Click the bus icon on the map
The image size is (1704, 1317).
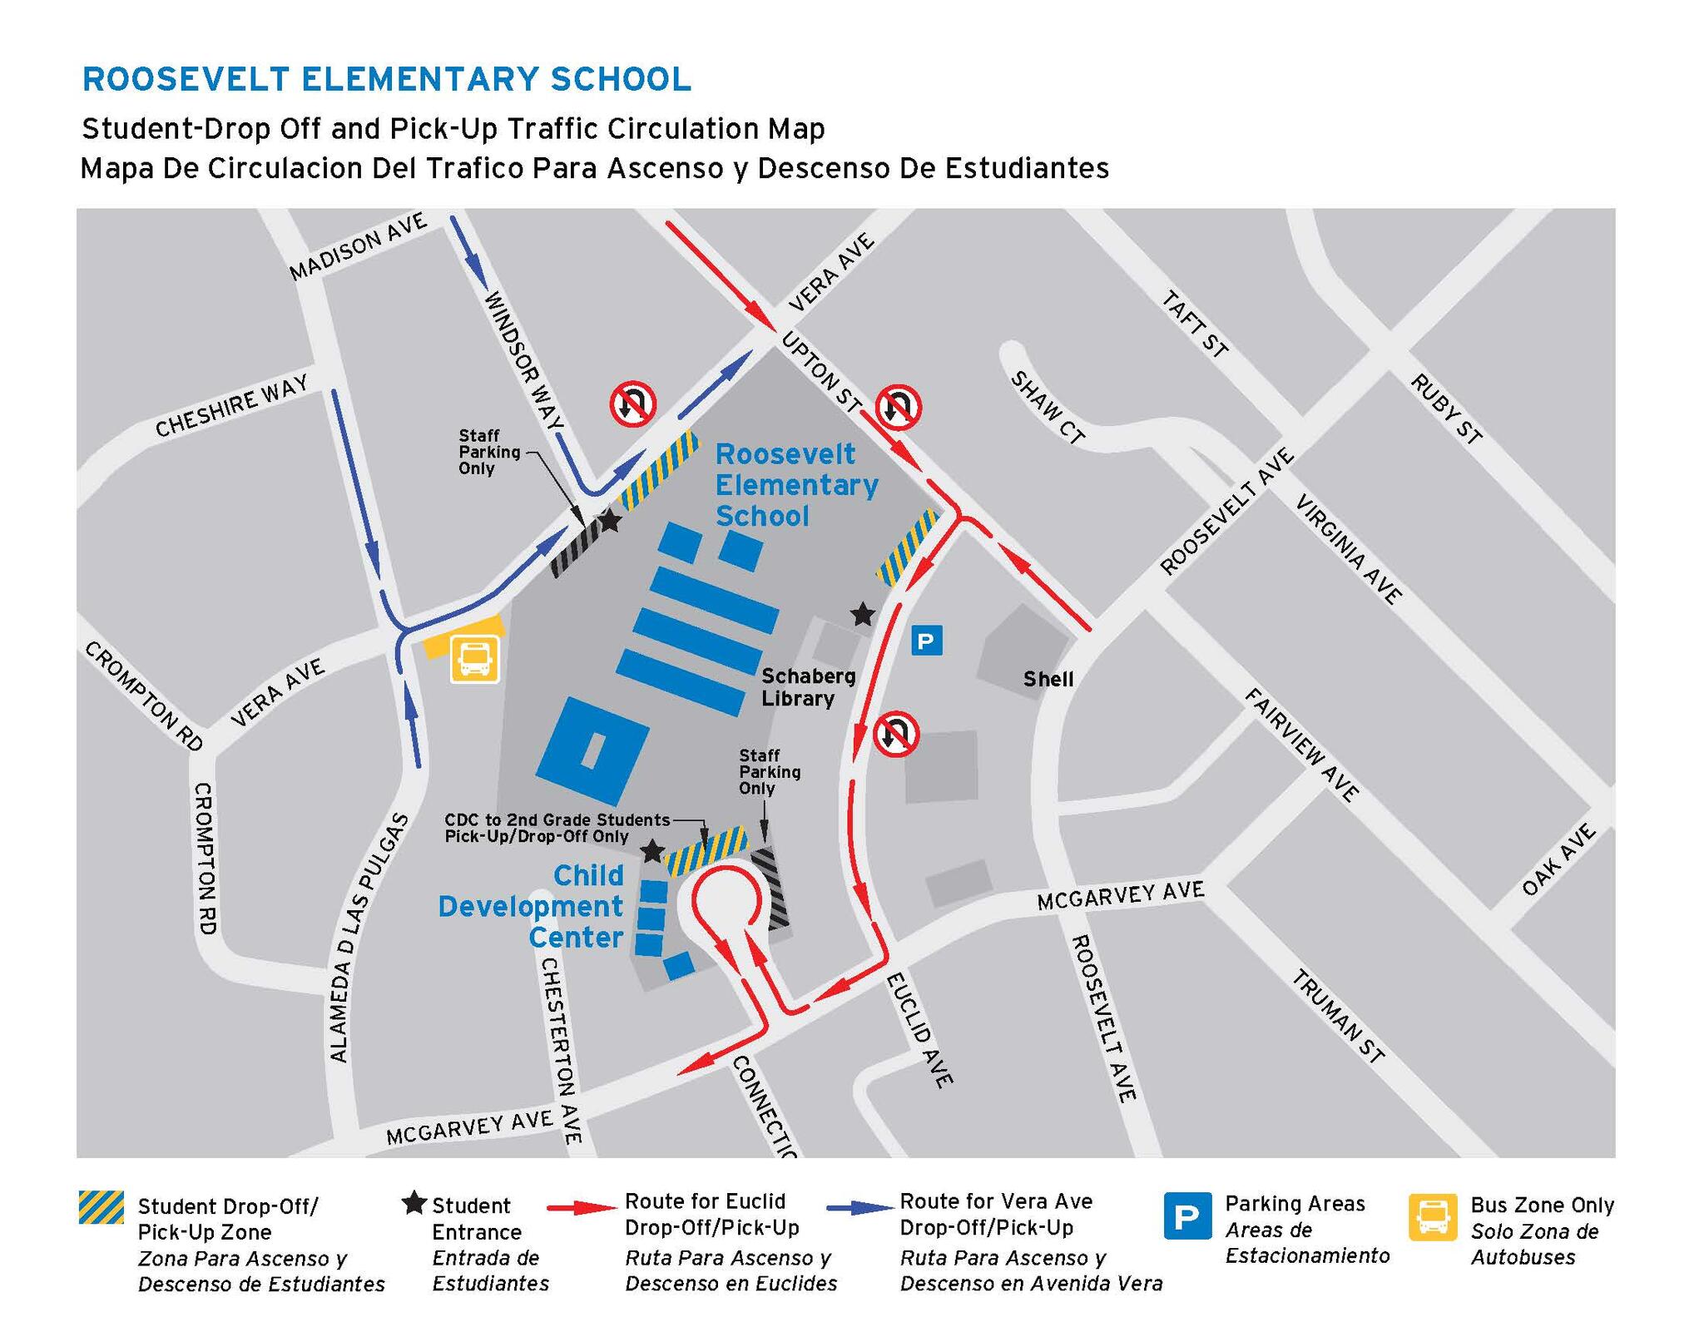click(x=474, y=659)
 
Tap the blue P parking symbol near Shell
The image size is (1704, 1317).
click(x=926, y=641)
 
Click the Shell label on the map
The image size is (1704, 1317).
click(x=1048, y=679)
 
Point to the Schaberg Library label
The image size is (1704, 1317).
click(x=798, y=687)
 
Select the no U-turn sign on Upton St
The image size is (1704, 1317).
click(x=897, y=407)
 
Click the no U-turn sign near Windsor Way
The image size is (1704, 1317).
click(x=633, y=404)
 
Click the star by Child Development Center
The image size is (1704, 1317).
click(x=651, y=851)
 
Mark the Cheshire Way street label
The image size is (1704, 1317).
click(x=231, y=405)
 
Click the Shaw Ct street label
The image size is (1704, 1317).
click(x=1048, y=407)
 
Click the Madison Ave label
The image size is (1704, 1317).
click(x=358, y=246)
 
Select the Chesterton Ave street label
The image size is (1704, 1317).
click(x=560, y=1050)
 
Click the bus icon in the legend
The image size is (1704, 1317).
click(x=1433, y=1217)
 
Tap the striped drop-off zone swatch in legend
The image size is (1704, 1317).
click(x=101, y=1207)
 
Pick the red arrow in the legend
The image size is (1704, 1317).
click(x=582, y=1207)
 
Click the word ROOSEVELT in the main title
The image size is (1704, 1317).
click(x=185, y=80)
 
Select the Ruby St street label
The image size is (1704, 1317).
click(x=1446, y=409)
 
